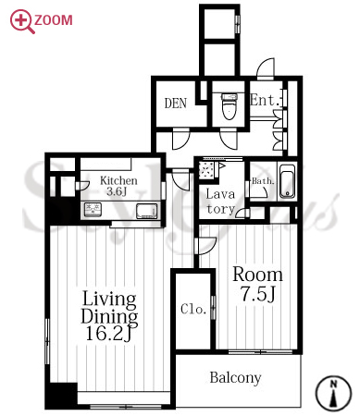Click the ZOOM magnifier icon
(x=20, y=21)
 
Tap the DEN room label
(x=176, y=104)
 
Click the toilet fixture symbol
(x=230, y=107)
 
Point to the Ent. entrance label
(x=265, y=100)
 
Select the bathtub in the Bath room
(x=287, y=181)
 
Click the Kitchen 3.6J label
(x=118, y=186)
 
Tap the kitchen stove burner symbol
(x=93, y=209)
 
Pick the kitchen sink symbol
(x=146, y=211)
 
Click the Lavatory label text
(x=220, y=202)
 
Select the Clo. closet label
(x=193, y=309)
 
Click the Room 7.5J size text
(x=257, y=284)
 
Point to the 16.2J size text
(x=109, y=334)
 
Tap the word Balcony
(x=235, y=377)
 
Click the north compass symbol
(x=333, y=393)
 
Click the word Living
(x=109, y=300)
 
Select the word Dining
(x=109, y=316)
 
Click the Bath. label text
(x=263, y=181)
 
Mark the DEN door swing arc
(x=181, y=141)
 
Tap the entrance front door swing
(x=266, y=68)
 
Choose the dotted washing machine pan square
(x=205, y=170)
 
